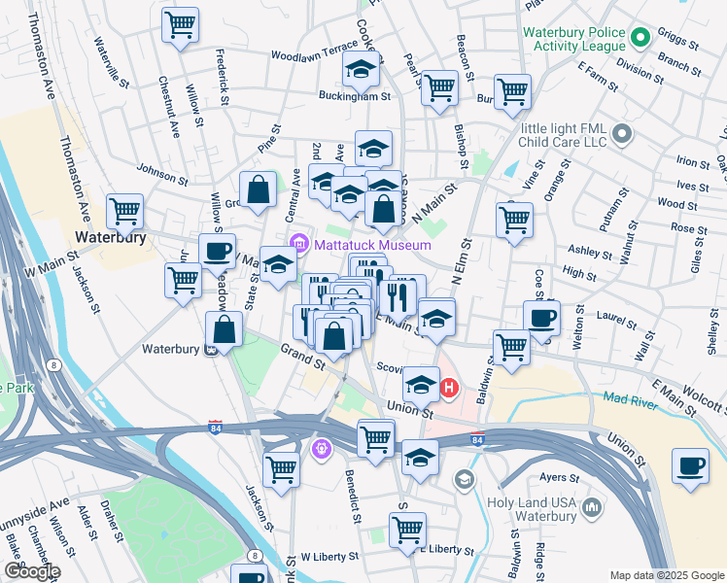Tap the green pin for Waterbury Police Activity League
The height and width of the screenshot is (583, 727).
click(x=640, y=38)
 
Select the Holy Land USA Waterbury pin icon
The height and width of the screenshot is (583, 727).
click(x=591, y=505)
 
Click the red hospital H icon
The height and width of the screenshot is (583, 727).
click(x=449, y=390)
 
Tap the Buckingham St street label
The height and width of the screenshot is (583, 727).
click(x=355, y=97)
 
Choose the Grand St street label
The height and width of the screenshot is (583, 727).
click(x=302, y=356)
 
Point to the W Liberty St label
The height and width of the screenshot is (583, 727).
click(x=331, y=557)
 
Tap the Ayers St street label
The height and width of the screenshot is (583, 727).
click(x=559, y=478)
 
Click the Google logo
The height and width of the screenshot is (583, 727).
click(x=32, y=570)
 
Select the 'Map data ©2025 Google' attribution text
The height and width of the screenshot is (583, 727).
click(x=666, y=575)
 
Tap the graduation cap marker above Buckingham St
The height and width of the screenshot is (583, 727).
click(x=362, y=69)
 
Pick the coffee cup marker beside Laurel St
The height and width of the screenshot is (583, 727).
click(x=541, y=318)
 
